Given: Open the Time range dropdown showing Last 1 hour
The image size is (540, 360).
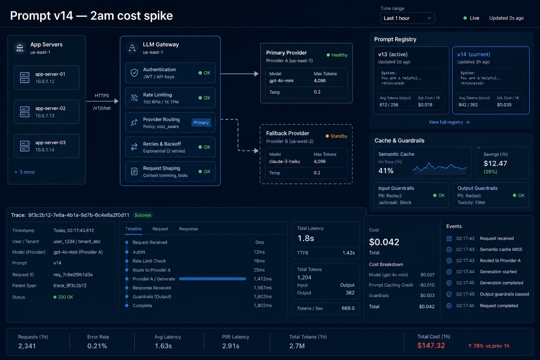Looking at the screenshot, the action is (x=407, y=18).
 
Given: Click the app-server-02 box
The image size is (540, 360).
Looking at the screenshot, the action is (x=47, y=112).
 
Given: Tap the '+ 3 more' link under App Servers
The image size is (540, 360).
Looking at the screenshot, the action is (x=25, y=172).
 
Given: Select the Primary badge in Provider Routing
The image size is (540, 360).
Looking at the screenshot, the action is (x=201, y=123).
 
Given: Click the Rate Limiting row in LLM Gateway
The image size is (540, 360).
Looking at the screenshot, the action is (x=170, y=98).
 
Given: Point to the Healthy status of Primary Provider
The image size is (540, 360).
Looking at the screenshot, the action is (x=337, y=55).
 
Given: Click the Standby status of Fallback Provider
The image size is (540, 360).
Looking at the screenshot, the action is (x=336, y=136).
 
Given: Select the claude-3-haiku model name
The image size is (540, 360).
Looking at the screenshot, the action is (x=285, y=161).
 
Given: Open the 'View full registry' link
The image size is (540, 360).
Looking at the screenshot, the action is (x=449, y=122).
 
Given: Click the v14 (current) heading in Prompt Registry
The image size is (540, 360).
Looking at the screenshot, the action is (x=474, y=54).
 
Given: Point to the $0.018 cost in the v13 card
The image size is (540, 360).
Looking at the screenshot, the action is (x=425, y=105).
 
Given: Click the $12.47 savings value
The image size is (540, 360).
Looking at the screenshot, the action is (x=495, y=163).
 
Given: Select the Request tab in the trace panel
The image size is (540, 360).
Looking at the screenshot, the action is (x=160, y=229).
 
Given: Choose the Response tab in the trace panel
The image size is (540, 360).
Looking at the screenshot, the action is (x=188, y=229).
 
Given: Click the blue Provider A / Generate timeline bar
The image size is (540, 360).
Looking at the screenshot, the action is (x=212, y=279).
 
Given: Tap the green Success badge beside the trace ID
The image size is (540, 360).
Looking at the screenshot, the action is (x=143, y=215).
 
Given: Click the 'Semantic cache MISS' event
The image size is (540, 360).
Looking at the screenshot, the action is (x=501, y=249).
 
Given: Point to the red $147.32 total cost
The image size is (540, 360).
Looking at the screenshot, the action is (x=431, y=345).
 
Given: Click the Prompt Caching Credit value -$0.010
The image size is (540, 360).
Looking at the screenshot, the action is (x=427, y=285).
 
